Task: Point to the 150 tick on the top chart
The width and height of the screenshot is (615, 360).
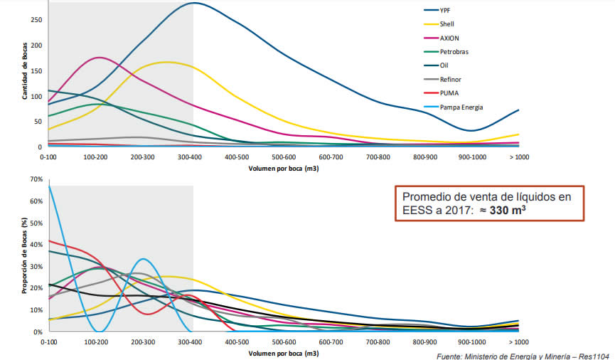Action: pos(37,70)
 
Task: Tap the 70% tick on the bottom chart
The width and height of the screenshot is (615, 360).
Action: pos(36,179)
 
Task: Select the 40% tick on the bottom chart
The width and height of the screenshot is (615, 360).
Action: pos(36,244)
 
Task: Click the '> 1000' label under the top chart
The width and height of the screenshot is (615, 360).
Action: pos(519,157)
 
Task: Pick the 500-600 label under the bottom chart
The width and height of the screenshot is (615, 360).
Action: pos(284,342)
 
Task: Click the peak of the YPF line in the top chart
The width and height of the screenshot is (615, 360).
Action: pos(193,3)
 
